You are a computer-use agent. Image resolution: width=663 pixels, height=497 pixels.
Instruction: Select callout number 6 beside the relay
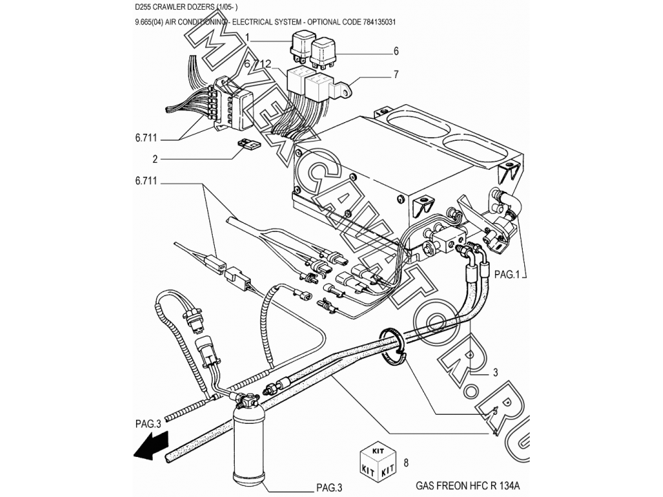click(396, 51)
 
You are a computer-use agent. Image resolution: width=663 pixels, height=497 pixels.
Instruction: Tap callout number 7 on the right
click(396, 74)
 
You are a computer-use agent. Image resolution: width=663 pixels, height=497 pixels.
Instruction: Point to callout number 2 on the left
click(155, 159)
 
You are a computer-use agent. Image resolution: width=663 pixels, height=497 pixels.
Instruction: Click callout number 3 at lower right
click(495, 373)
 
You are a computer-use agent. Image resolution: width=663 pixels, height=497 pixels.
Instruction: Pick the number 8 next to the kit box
click(406, 462)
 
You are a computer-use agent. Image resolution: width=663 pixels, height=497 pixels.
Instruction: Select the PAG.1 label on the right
click(510, 274)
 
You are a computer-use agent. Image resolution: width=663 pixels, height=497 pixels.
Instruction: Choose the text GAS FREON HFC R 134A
click(469, 485)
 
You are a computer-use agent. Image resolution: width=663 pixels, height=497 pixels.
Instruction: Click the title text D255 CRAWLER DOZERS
click(186, 7)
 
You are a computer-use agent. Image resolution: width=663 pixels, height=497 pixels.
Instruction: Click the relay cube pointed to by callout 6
click(324, 52)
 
